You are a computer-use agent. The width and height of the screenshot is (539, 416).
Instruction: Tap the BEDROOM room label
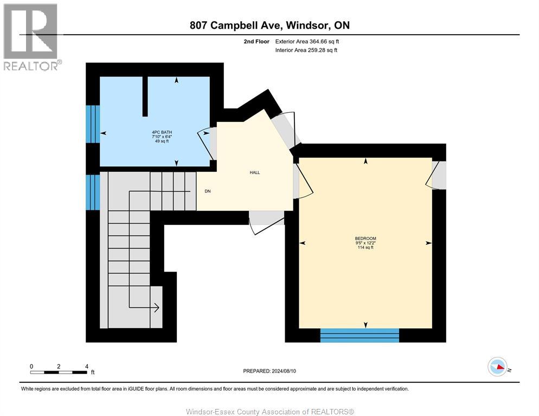(x=365, y=238)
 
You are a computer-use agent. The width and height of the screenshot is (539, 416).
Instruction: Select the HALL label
(x=254, y=173)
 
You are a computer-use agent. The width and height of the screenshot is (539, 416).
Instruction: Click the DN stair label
(x=208, y=191)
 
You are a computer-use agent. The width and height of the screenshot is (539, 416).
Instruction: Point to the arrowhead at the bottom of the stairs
(x=156, y=308)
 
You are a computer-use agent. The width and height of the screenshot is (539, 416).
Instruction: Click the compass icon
(x=497, y=367)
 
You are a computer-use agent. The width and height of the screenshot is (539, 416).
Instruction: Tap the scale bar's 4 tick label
(x=87, y=366)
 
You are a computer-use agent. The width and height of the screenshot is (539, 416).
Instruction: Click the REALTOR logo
(x=31, y=37)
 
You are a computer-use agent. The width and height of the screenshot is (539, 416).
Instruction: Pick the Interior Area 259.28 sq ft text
(x=307, y=50)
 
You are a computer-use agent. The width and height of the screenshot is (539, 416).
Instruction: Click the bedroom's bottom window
(x=360, y=335)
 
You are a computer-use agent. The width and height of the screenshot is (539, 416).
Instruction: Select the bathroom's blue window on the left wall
(x=93, y=123)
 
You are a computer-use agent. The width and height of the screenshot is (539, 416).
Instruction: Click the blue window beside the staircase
(x=93, y=191)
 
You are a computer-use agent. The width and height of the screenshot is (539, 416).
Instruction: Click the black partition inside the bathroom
(x=145, y=96)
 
